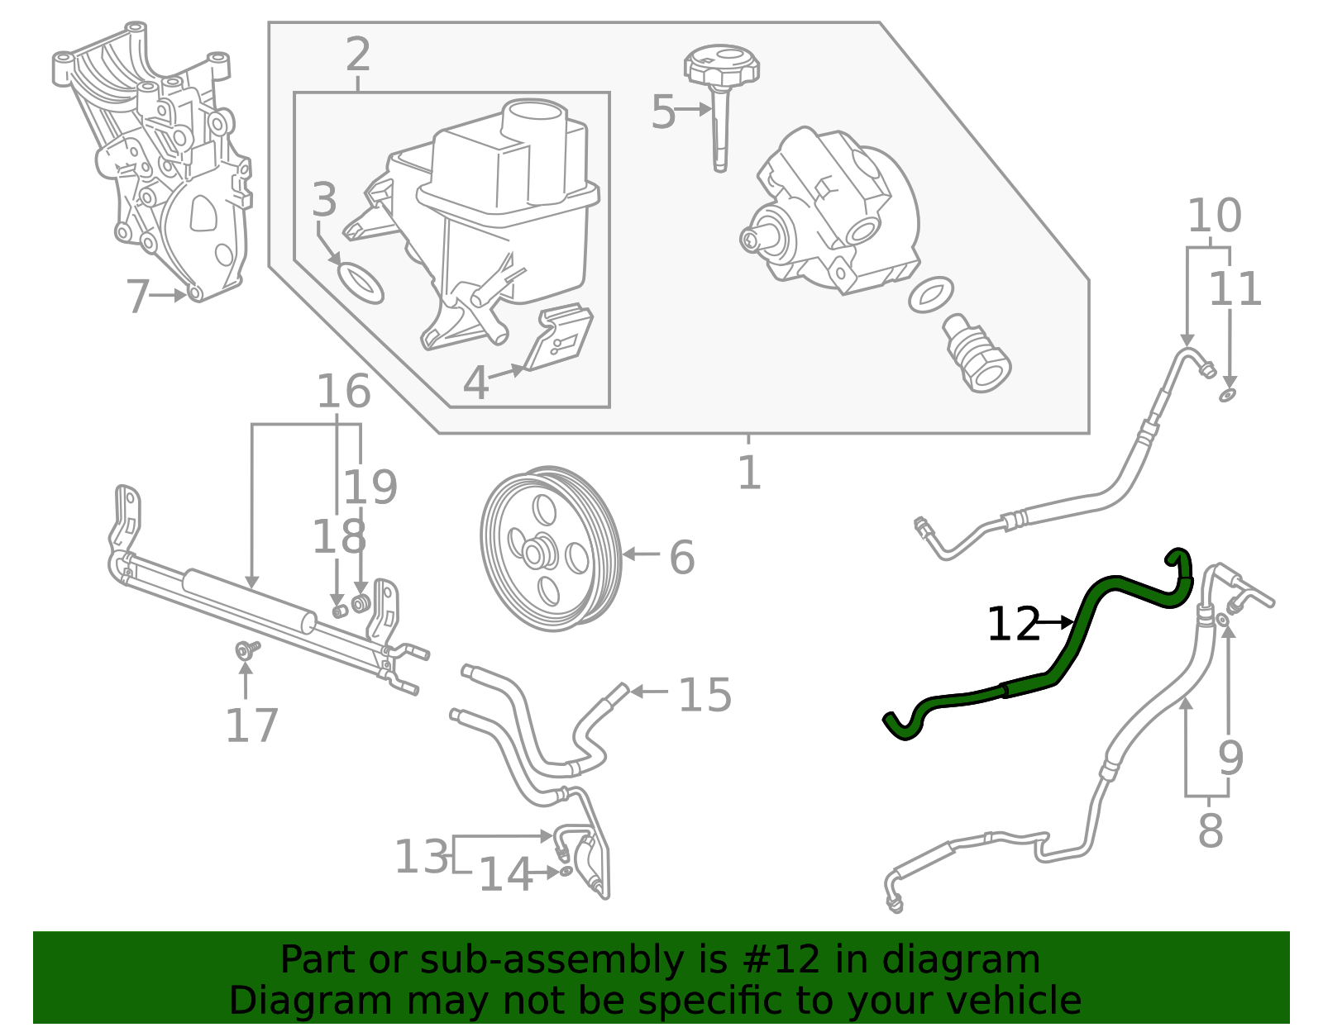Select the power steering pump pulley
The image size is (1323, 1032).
[x=551, y=549]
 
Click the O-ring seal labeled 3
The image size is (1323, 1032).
[x=361, y=283]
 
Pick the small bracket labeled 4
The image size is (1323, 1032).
[x=561, y=339]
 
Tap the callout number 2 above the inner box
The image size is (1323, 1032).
[x=357, y=55]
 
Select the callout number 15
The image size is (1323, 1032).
[x=704, y=695]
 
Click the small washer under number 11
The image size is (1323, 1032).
[x=1227, y=396]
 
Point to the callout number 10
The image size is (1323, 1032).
[x=1214, y=216]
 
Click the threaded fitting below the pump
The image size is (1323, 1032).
[x=977, y=355]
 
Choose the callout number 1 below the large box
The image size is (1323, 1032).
[x=748, y=473]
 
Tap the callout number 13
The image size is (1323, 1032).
[x=421, y=856]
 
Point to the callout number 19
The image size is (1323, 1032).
[x=370, y=487]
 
